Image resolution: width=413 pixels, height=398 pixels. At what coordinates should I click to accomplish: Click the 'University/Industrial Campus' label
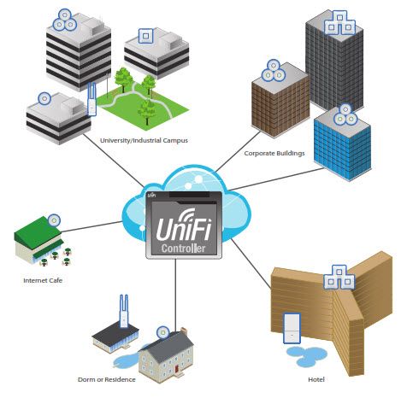144,140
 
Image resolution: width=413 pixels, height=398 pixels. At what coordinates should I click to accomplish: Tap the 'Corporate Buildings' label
274,153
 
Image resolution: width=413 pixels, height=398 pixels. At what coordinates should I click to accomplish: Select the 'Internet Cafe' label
43,280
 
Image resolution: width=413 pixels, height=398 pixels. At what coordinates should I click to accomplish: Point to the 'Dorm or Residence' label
107,379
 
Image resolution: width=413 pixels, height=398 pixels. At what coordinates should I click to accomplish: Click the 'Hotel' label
316,379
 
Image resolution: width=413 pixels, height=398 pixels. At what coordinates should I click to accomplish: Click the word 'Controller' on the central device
183,249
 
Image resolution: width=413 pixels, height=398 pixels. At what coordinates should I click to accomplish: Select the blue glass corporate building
342,145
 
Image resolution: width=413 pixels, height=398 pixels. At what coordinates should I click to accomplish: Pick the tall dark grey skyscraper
334,61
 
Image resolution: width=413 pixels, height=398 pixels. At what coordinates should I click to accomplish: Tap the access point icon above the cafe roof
54,220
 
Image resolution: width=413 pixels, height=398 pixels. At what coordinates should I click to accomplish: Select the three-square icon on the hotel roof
339,278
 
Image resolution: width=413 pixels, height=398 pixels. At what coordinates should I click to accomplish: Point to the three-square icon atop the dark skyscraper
339,22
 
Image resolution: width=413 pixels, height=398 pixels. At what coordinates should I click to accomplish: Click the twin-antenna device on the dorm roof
124,311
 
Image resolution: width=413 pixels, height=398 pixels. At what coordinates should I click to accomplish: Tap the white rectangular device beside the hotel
292,328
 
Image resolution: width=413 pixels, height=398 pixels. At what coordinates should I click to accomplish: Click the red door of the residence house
177,369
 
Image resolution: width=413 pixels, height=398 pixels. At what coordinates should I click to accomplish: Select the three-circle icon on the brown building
274,70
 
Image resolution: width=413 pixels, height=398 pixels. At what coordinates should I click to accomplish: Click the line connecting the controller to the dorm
175,293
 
